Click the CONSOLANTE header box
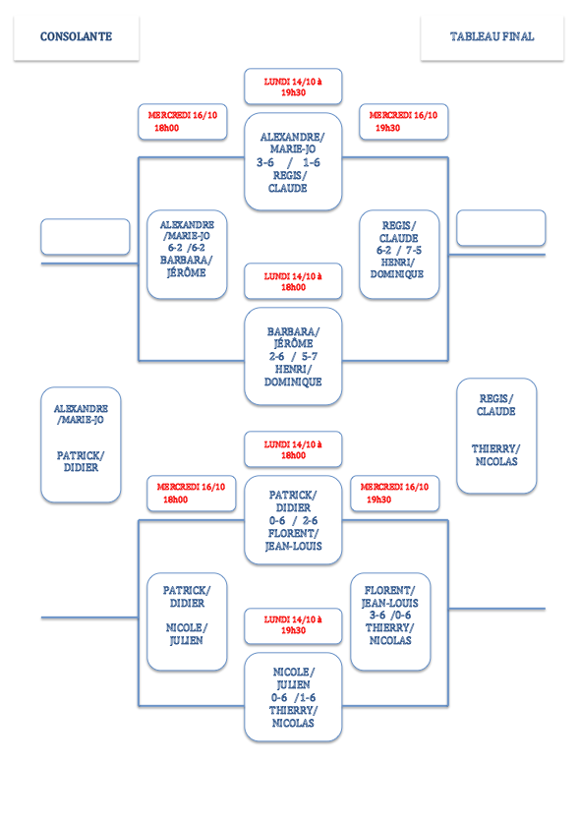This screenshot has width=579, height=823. (76, 37)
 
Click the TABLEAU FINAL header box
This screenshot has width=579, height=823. (492, 37)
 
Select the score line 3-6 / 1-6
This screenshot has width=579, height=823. (288, 162)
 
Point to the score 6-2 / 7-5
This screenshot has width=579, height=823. (399, 251)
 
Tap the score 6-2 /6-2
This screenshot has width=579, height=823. (187, 248)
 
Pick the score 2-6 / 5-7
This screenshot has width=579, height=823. (293, 356)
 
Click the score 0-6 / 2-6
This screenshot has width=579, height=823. (293, 521)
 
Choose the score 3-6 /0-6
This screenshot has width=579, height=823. (390, 616)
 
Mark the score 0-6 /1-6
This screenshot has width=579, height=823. (293, 697)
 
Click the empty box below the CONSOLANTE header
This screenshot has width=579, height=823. (86, 237)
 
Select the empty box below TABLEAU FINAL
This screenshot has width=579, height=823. (500, 228)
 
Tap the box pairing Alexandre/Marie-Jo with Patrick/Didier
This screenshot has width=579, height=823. (81, 444)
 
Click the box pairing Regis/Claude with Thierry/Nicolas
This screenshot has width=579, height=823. (496, 436)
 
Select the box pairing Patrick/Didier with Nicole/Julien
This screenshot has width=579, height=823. (187, 622)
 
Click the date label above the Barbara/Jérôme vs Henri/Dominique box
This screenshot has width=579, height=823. (293, 281)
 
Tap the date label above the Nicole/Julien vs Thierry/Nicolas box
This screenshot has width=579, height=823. (293, 625)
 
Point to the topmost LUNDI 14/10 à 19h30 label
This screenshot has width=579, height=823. (293, 87)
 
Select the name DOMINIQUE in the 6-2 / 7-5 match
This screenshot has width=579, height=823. (397, 274)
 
